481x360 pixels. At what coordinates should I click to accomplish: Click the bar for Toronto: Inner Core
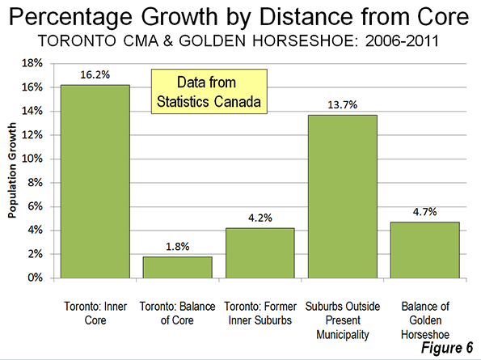[x=95, y=181]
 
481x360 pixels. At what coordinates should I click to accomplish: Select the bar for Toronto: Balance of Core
[x=178, y=267]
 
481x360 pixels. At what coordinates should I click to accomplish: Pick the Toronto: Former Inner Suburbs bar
[x=260, y=253]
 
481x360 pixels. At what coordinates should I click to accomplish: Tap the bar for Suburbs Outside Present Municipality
[x=343, y=197]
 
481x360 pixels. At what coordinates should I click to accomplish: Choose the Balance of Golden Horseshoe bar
[x=425, y=250]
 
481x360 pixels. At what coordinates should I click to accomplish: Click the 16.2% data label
[x=95, y=74]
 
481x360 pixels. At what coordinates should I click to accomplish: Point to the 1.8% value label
[x=178, y=246]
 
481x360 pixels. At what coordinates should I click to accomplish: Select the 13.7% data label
[x=343, y=104]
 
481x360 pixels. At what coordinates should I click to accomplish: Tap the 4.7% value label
[x=425, y=211]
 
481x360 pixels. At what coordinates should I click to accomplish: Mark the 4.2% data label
[x=260, y=218]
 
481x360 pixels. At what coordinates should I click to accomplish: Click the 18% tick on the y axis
[x=32, y=63]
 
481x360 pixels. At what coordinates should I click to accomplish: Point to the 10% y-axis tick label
[x=32, y=159]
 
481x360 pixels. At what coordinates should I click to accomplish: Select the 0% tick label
[x=35, y=277]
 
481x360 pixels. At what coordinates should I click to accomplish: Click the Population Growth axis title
[x=12, y=171]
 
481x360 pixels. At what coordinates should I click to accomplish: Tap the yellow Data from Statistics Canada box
[x=209, y=91]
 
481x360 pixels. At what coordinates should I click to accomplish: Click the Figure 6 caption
[x=447, y=348]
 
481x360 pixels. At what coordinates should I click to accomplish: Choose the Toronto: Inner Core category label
[x=95, y=313]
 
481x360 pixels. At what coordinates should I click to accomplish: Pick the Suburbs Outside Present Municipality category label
[x=343, y=320]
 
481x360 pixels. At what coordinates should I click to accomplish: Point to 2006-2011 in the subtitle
[x=402, y=40]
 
